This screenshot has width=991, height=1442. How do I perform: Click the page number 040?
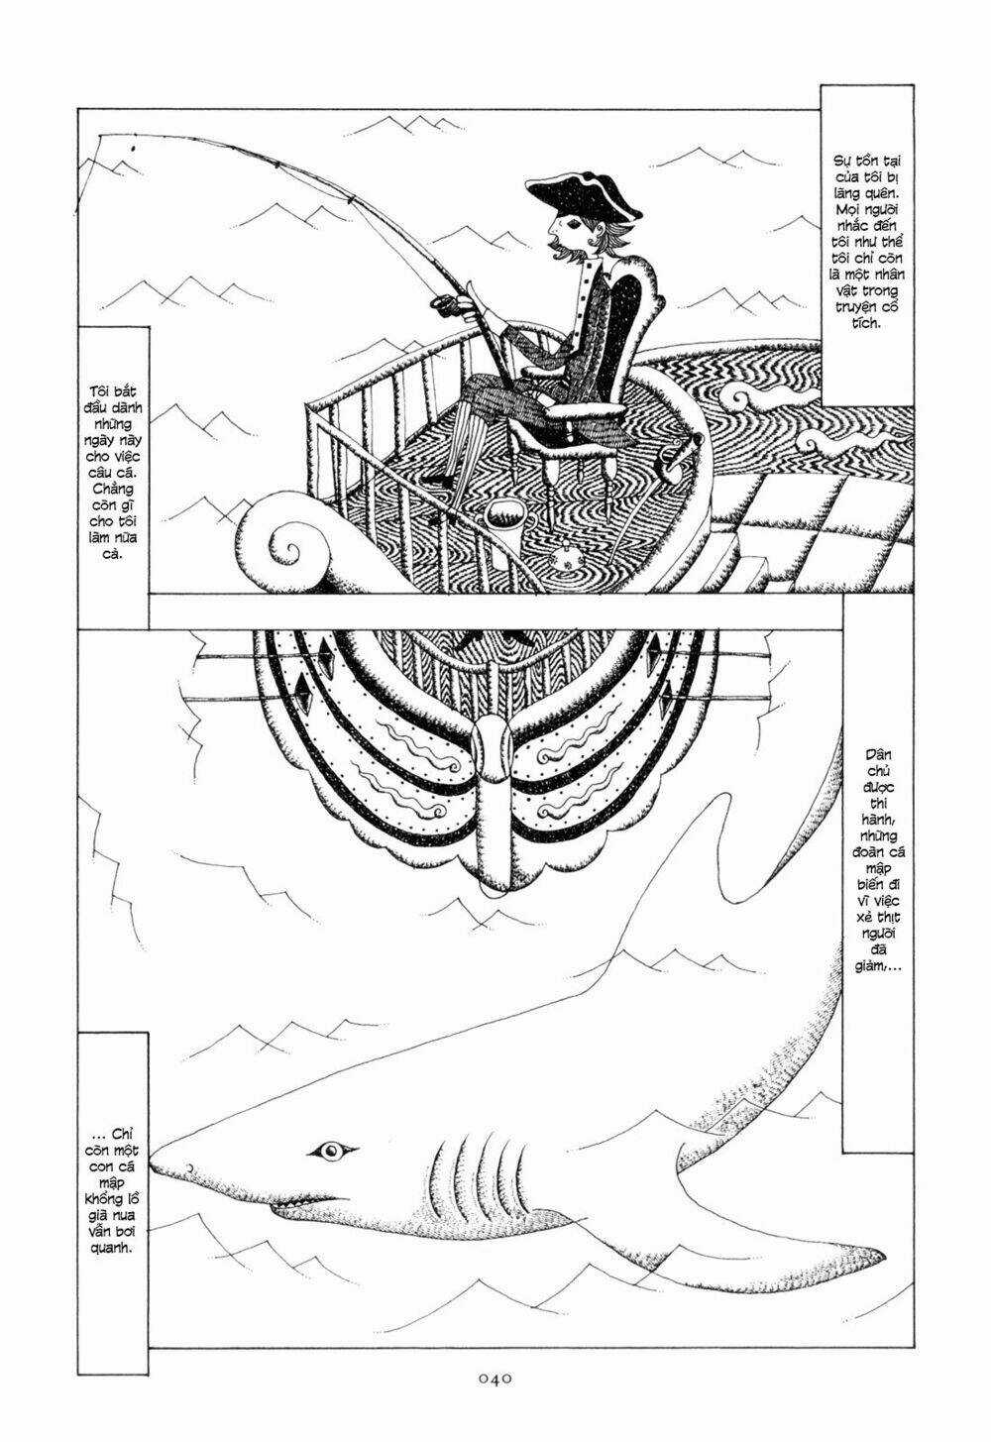point(495,1377)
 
